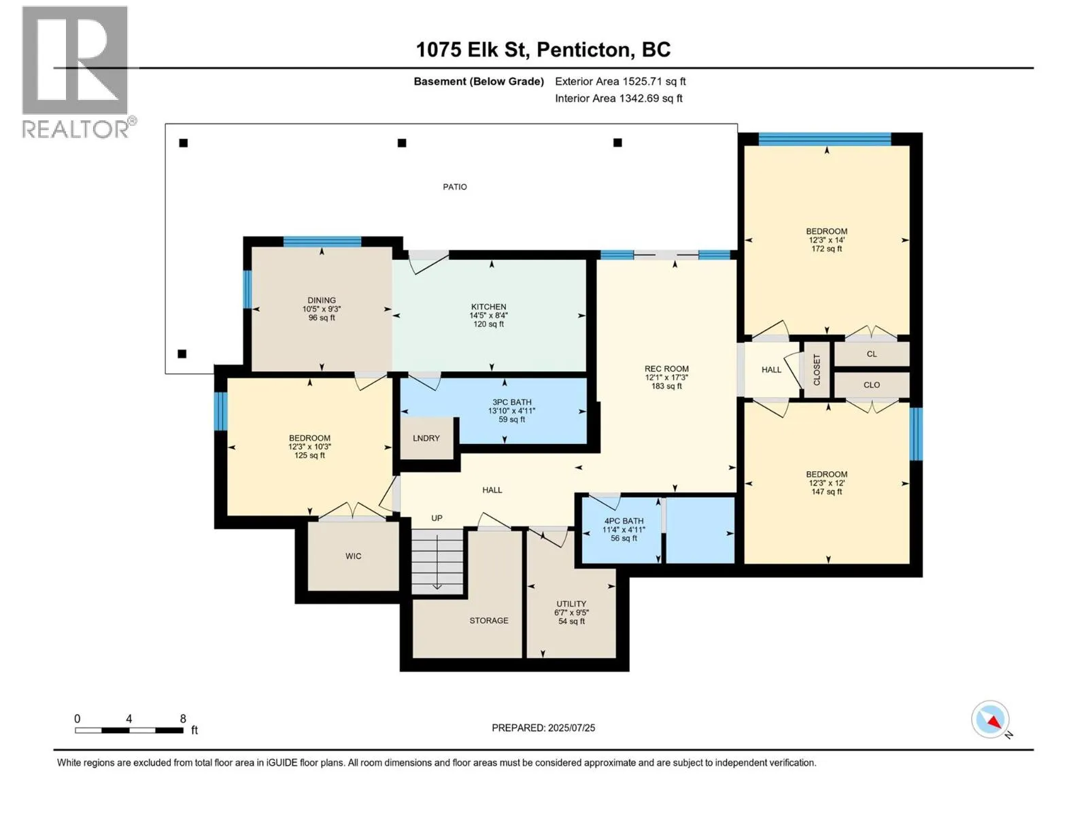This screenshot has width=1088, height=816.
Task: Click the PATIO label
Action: click(x=454, y=187)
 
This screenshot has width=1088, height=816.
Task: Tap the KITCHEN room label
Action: click(x=488, y=307)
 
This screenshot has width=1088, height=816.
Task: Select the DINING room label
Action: click(x=321, y=300)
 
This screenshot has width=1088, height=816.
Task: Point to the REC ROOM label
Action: click(x=666, y=369)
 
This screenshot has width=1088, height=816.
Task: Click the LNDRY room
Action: click(x=426, y=438)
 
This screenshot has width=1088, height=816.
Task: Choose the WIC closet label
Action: click(x=353, y=556)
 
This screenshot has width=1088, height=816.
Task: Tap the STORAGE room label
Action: click(x=489, y=620)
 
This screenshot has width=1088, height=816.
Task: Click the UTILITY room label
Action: click(x=571, y=603)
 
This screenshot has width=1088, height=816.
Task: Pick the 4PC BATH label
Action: click(x=624, y=521)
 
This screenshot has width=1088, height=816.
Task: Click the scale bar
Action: click(x=129, y=730)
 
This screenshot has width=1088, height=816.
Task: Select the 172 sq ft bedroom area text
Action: click(x=826, y=249)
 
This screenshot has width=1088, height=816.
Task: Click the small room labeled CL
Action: click(x=872, y=354)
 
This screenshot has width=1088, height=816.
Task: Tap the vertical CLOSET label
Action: click(x=817, y=370)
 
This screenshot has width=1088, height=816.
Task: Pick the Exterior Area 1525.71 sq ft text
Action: click(x=620, y=81)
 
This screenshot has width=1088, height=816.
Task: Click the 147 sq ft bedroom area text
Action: click(x=826, y=492)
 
